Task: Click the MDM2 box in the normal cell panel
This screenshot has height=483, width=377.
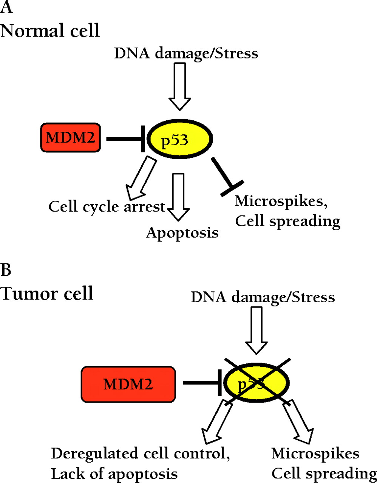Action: tap(71, 138)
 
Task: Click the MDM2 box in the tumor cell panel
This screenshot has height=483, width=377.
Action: tap(128, 384)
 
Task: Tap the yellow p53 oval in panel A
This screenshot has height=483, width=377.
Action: tap(179, 139)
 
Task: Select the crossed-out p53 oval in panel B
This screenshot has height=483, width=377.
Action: tap(257, 383)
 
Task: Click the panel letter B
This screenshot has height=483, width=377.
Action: tap(6, 270)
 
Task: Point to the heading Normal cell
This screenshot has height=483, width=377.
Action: tap(50, 30)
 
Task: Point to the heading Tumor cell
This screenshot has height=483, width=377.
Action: tap(47, 293)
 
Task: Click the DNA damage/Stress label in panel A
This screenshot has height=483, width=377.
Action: tap(186, 53)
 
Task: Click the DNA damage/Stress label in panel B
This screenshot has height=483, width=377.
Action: tap(263, 297)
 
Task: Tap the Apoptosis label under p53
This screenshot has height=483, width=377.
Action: tap(182, 232)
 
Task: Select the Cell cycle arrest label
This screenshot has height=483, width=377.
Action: tap(107, 206)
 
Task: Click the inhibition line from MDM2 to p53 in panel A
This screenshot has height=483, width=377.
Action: tap(125, 139)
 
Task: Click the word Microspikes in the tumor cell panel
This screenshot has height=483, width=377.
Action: tap(315, 453)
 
